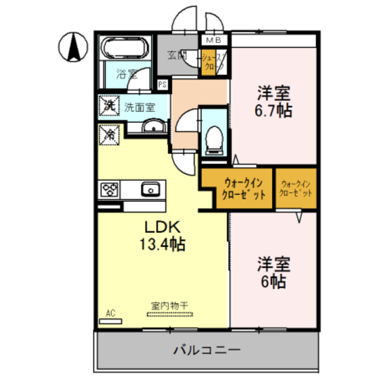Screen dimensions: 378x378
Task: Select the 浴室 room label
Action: click(126, 74)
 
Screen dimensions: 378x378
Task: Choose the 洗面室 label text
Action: click(139, 107)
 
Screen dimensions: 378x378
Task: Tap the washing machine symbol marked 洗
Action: click(109, 106)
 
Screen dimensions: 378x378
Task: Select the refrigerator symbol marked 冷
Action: click(109, 135)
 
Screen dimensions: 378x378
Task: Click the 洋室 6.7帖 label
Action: click(273, 102)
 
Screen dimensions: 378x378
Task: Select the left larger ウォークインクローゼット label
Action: click(239, 188)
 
